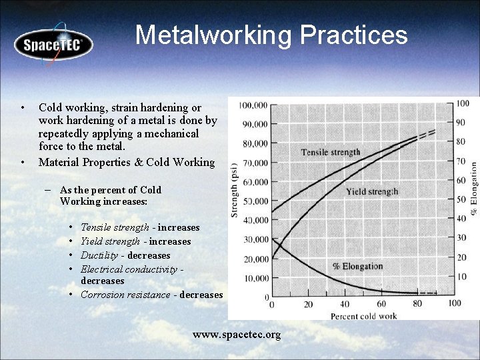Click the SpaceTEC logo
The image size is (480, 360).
(53, 45)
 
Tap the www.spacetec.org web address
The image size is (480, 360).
(237, 334)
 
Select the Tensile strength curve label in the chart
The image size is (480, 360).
(330, 152)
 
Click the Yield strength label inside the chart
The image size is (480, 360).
(372, 192)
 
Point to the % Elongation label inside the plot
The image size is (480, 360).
(357, 267)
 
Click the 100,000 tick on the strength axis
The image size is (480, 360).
(253, 105)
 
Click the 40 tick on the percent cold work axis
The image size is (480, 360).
(345, 305)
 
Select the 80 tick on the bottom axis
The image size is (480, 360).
(418, 305)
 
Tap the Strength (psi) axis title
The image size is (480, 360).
(234, 191)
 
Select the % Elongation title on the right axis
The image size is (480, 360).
(473, 188)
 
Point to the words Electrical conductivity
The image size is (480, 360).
(129, 269)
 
